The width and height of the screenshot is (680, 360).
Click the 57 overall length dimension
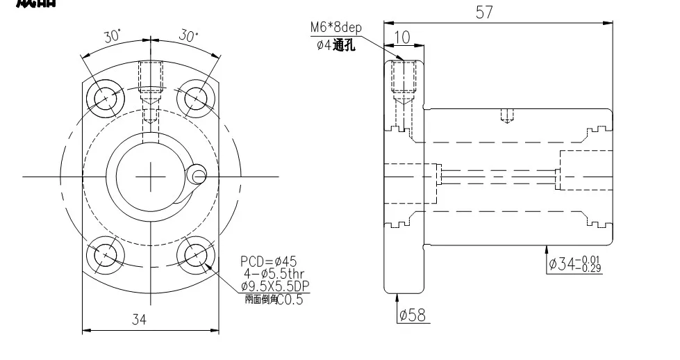tap(484, 12)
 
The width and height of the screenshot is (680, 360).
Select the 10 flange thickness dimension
tap(401, 37)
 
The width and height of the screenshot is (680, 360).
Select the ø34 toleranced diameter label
tap(575, 263)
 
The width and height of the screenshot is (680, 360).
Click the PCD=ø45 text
tap(269, 261)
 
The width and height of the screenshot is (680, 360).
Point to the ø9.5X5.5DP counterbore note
tap(274, 286)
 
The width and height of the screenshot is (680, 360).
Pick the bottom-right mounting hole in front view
tap(196, 254)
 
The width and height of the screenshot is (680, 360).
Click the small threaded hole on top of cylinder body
tap(508, 115)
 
